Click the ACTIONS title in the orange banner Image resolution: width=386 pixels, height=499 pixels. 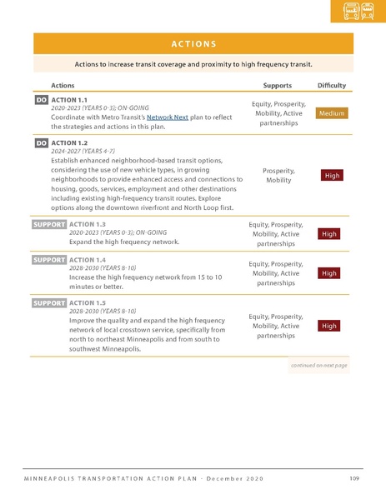(x=193, y=44)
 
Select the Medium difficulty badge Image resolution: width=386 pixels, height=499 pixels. (x=331, y=113)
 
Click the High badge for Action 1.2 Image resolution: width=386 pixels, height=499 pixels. (x=332, y=175)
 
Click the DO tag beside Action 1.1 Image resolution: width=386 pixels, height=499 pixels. (x=41, y=100)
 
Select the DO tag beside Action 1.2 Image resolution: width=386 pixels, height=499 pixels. (x=41, y=143)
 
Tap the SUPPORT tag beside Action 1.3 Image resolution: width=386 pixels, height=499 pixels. (x=49, y=224)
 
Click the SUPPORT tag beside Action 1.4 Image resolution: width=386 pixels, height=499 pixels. (x=49, y=260)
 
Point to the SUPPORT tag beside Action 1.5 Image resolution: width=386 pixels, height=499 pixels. (x=49, y=302)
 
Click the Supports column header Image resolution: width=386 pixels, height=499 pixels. (x=277, y=85)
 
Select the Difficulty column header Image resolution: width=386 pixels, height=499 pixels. (x=332, y=85)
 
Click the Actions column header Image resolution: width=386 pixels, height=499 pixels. (x=63, y=85)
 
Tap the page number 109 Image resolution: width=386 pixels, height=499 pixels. (x=353, y=477)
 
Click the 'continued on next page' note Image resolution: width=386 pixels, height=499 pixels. (x=318, y=365)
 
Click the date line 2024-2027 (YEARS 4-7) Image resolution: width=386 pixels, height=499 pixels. (x=84, y=152)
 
